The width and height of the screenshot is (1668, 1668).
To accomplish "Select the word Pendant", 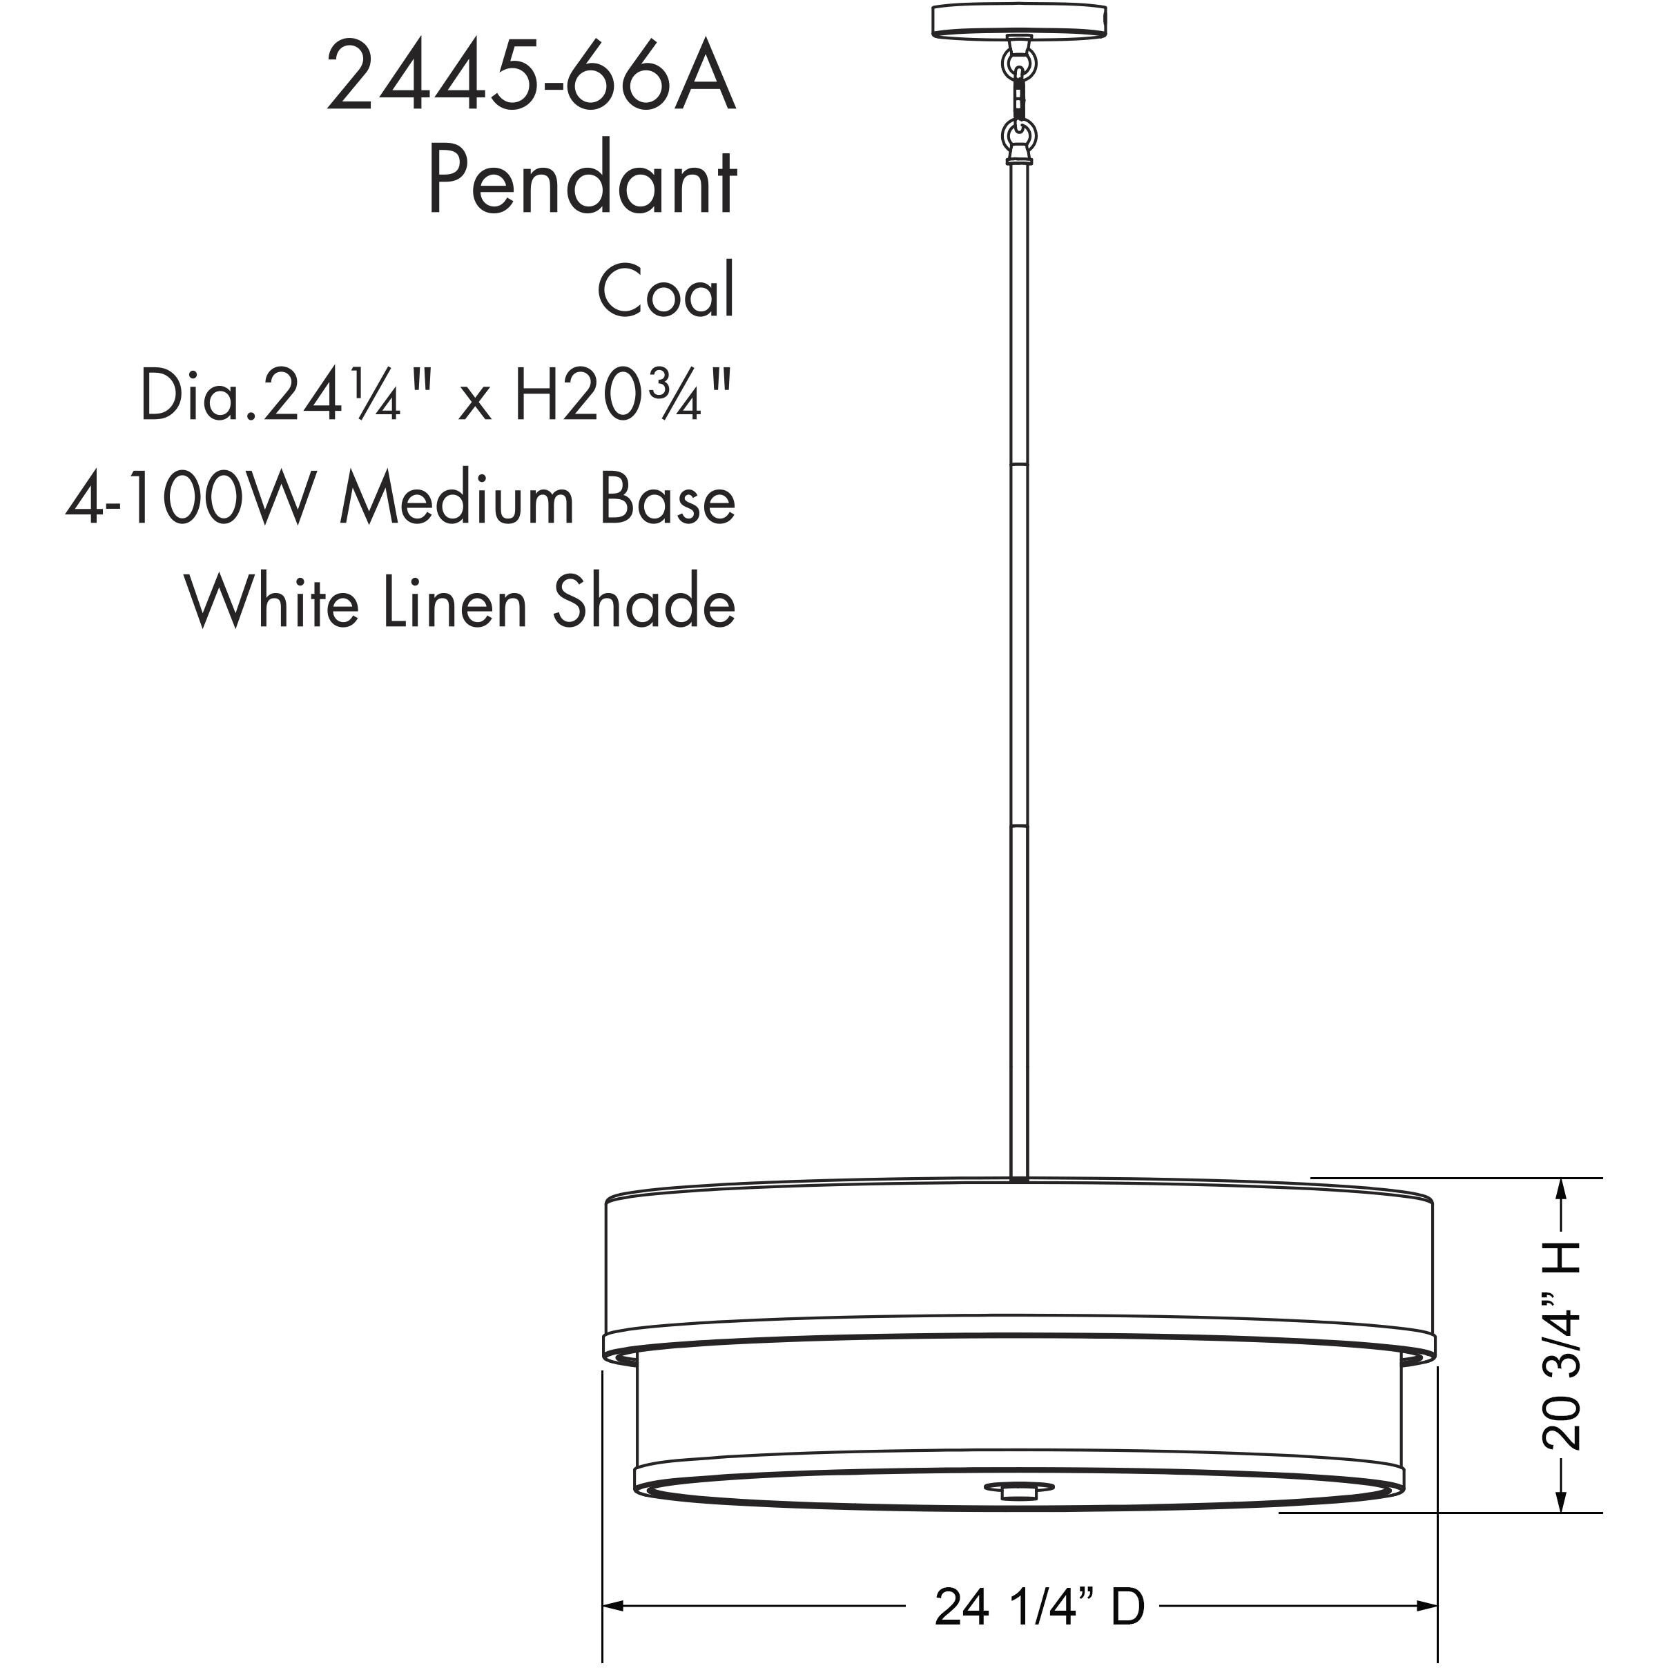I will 581,182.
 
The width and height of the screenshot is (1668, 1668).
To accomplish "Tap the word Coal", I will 666,291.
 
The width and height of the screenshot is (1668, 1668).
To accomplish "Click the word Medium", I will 457,500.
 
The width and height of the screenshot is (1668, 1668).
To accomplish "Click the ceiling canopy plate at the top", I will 1019,21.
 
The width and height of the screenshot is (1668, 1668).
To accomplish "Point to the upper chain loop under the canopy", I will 1019,64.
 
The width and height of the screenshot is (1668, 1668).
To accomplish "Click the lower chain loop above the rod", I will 1019,135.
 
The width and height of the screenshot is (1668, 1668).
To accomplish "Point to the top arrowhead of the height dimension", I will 1560,1190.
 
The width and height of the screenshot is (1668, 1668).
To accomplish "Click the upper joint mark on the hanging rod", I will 1019,465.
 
